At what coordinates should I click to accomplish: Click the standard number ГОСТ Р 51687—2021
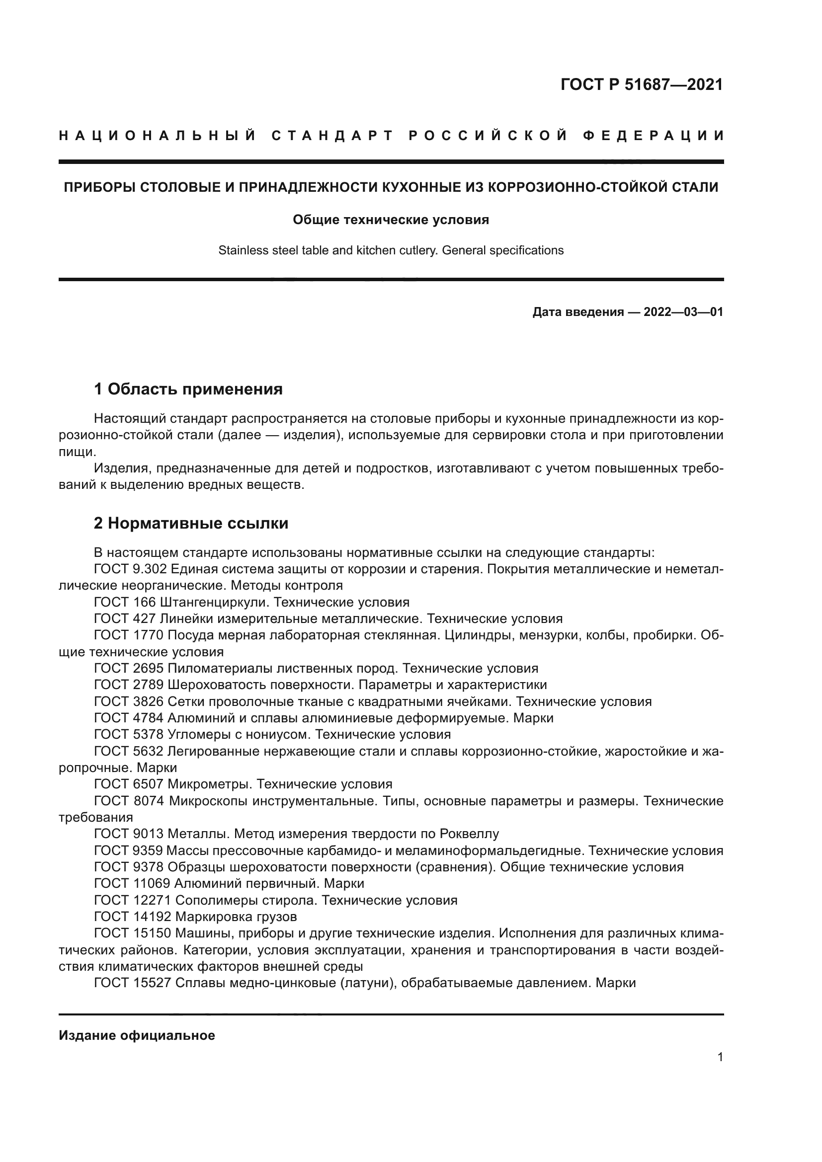pos(641,84)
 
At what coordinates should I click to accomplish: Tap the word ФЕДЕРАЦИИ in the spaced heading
pos(654,136)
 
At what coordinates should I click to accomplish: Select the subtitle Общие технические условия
pos(391,220)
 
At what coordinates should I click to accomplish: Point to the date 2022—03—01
pos(683,312)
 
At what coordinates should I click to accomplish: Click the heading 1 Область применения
pos(188,389)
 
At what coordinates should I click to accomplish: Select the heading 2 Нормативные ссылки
pos(191,523)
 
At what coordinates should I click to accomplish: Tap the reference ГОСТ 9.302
pos(130,569)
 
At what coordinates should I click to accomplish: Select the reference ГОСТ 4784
pos(129,718)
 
